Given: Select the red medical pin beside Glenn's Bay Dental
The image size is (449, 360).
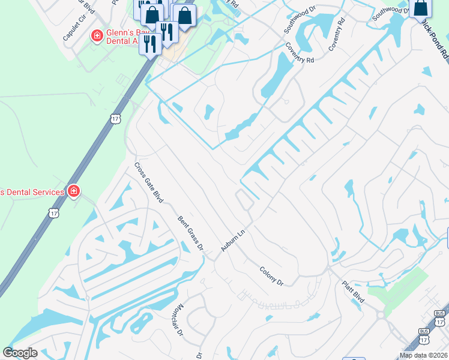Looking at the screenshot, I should point(96,37).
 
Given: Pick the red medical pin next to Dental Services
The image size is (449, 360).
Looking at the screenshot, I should point(73,191).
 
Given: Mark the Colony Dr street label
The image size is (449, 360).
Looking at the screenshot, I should point(271,276).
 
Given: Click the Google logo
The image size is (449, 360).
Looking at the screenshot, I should point(20,353).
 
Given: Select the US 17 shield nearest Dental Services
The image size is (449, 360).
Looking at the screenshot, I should point(54,213).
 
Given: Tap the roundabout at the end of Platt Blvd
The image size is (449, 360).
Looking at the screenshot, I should point(381,314).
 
